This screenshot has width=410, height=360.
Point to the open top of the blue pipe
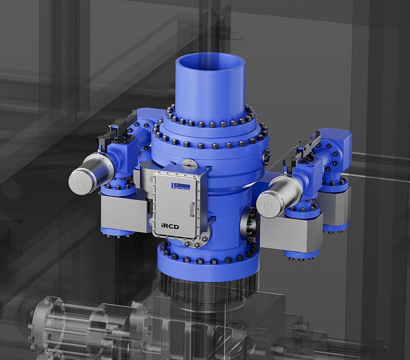pyautogui.click(x=210, y=65)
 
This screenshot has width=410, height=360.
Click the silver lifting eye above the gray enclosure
pyautogui.click(x=188, y=163)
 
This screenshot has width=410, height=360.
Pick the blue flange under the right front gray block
pyautogui.click(x=301, y=253)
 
